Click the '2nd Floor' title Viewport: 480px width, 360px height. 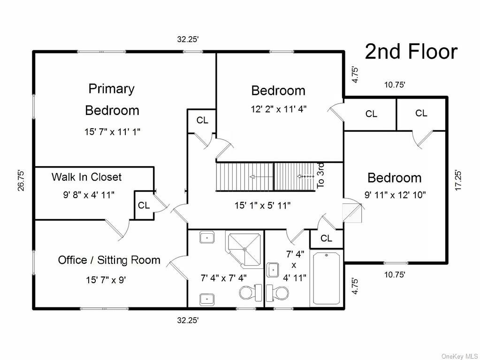point(411,52)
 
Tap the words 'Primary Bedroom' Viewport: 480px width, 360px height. point(112,100)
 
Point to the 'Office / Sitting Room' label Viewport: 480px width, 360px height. point(109,260)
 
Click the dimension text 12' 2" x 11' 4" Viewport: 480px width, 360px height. point(278,109)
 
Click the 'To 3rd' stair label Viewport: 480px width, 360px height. point(321,175)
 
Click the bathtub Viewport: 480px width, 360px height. point(327,278)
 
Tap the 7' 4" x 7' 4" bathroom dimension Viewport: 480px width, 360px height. point(223,278)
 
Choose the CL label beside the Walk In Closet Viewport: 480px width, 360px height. point(144,205)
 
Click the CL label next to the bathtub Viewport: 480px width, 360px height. point(326,238)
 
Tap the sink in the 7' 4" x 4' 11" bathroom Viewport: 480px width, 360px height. point(272,270)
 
